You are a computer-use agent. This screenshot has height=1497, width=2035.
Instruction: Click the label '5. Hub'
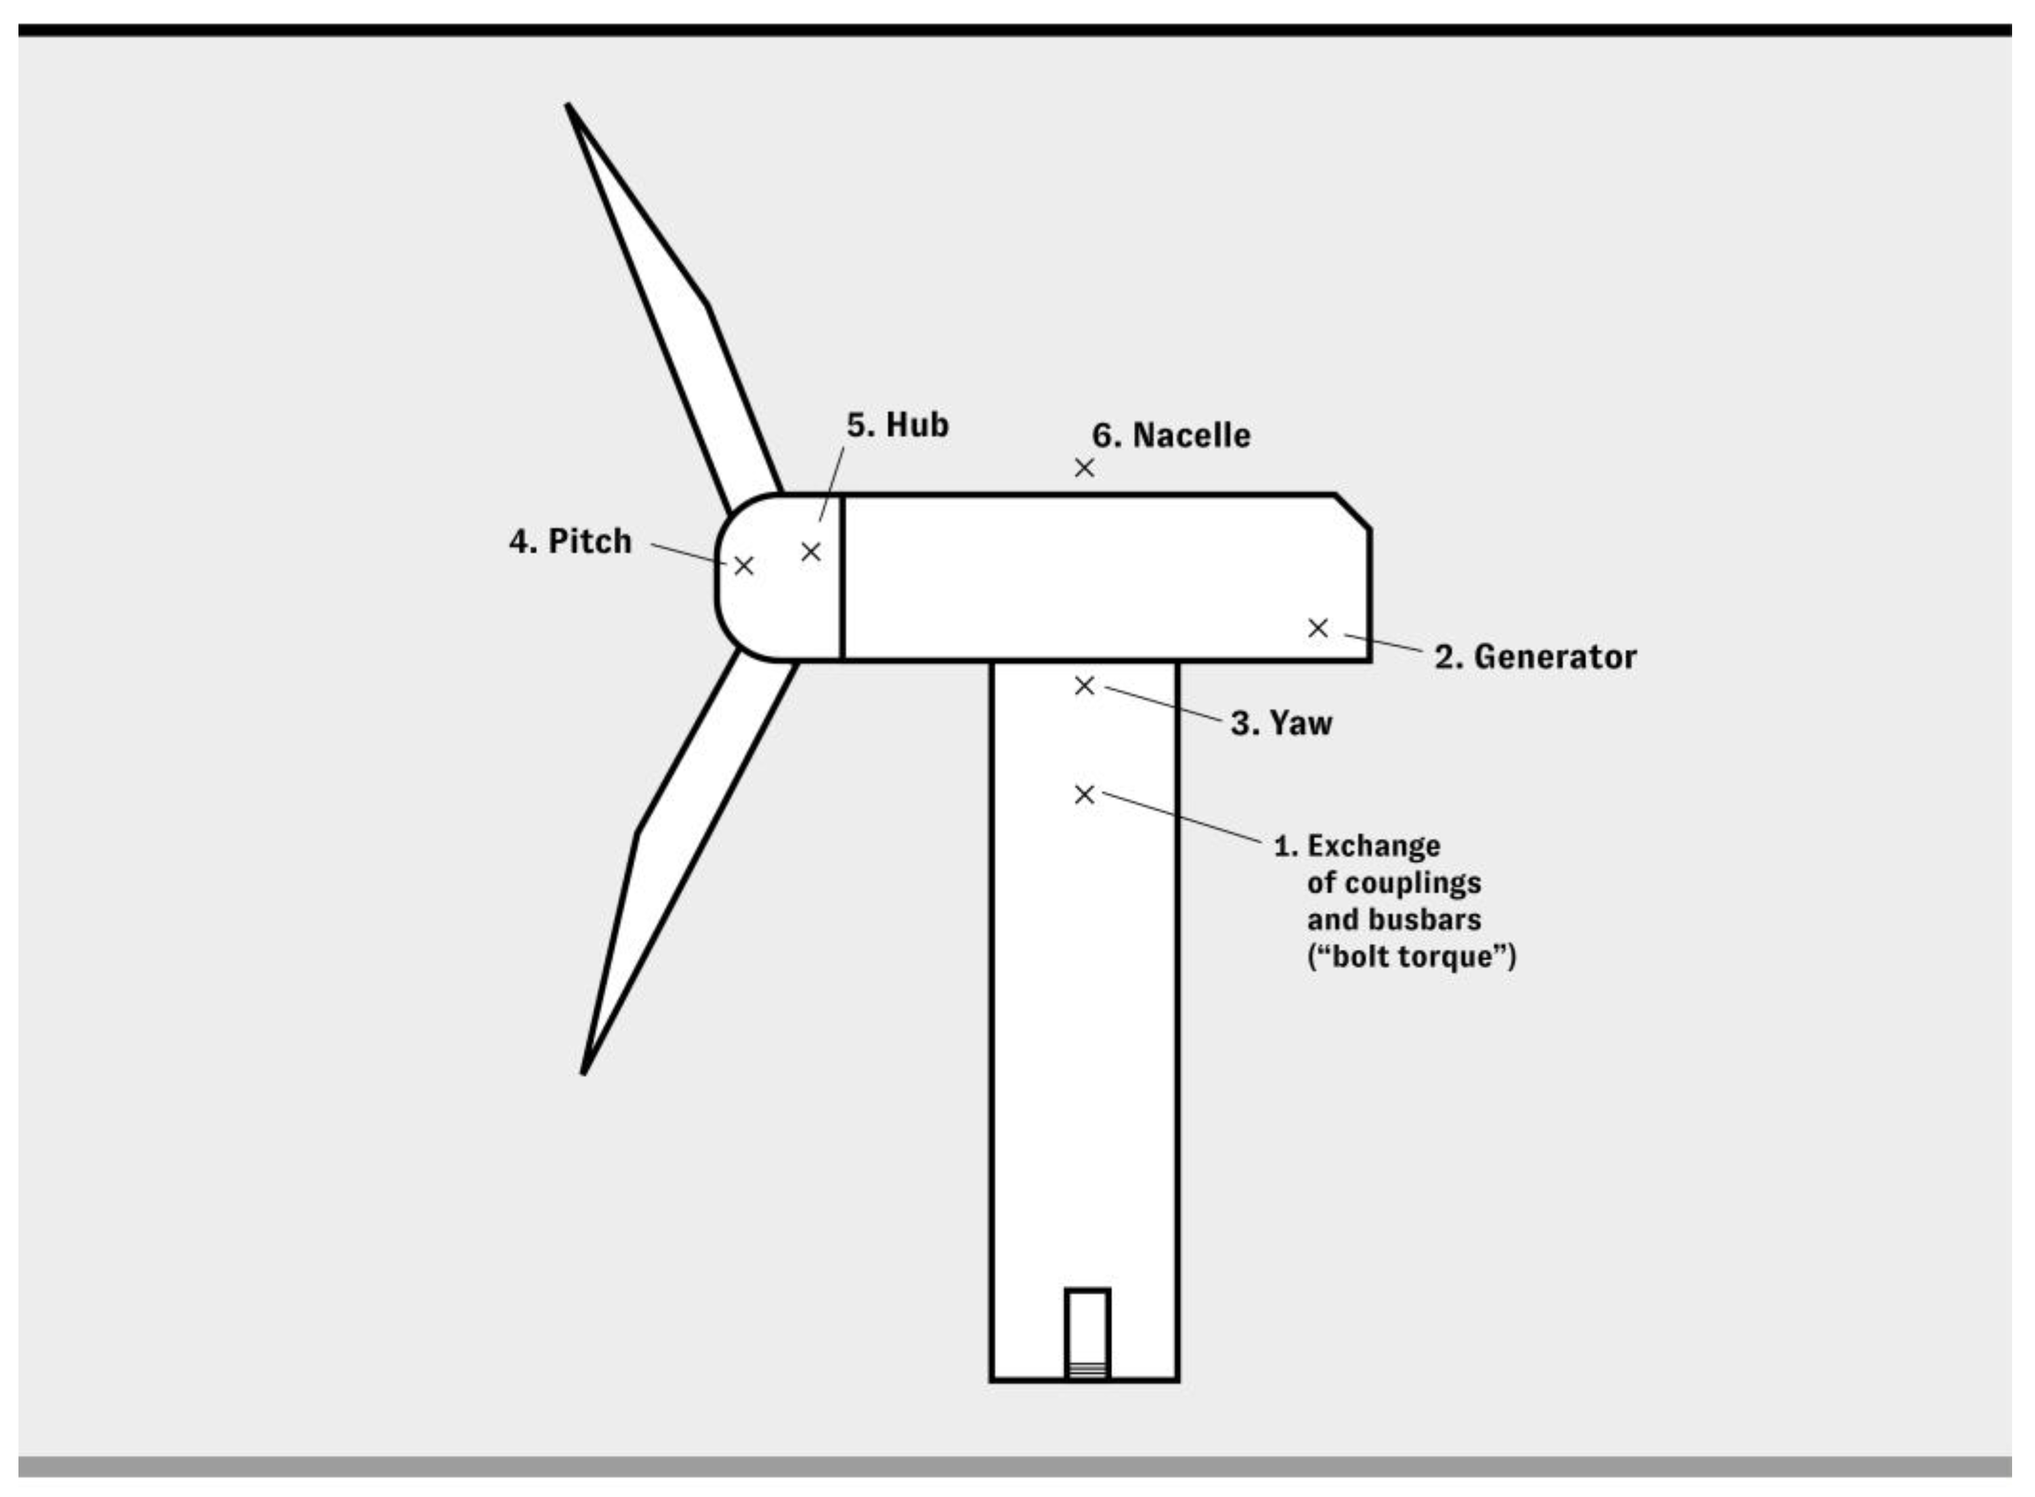(x=897, y=425)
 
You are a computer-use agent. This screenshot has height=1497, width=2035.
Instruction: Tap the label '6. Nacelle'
(x=1171, y=436)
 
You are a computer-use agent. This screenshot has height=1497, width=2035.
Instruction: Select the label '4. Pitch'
(x=570, y=542)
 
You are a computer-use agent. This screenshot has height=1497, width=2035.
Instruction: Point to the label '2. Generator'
(x=1535, y=657)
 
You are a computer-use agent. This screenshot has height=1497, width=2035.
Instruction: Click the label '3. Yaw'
(x=1281, y=723)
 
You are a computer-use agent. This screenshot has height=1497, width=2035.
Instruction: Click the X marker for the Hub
(x=811, y=552)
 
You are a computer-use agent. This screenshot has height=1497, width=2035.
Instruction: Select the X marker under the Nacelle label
(x=1084, y=468)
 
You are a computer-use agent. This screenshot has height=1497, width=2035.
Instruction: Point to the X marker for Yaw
(x=1084, y=686)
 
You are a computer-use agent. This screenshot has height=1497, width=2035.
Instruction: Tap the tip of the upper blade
(x=569, y=108)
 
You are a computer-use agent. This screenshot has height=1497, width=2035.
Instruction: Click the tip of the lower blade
(x=584, y=1072)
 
